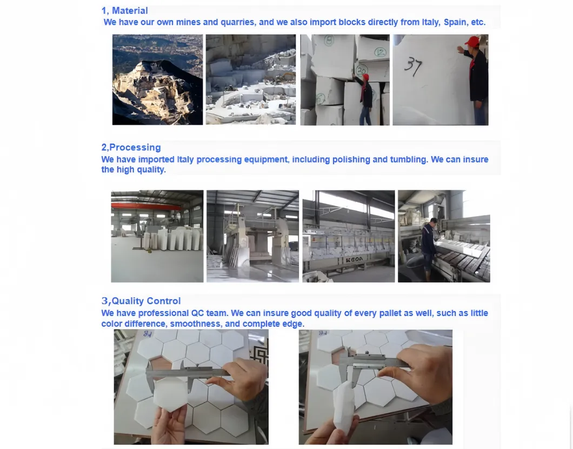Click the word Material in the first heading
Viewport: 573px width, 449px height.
click(130, 11)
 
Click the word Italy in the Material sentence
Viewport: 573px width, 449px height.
click(431, 22)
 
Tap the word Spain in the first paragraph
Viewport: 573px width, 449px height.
click(455, 22)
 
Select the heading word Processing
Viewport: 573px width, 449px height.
click(135, 147)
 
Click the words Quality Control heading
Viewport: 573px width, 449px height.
click(146, 300)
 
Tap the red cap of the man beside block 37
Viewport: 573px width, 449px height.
click(472, 41)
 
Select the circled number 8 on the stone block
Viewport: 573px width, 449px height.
click(329, 40)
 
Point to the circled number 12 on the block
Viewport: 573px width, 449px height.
click(380, 52)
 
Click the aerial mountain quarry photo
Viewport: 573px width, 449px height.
click(157, 79)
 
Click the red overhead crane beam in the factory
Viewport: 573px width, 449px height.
click(146, 206)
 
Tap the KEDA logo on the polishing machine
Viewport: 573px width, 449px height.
click(354, 259)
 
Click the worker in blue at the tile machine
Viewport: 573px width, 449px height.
click(428, 249)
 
